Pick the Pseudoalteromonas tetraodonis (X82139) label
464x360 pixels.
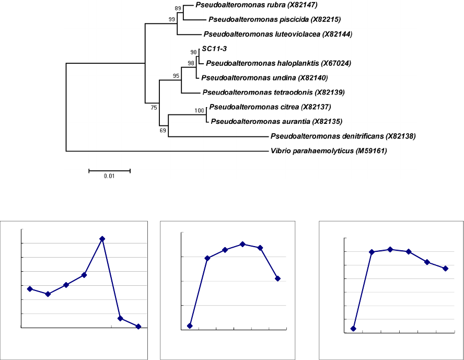click(272, 92)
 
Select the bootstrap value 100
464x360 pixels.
click(199, 110)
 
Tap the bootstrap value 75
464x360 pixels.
click(154, 107)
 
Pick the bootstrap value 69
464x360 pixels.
click(163, 131)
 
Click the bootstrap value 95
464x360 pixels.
click(177, 76)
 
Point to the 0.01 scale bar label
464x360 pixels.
click(109, 176)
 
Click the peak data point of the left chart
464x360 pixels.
click(102, 239)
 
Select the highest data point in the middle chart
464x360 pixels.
click(242, 244)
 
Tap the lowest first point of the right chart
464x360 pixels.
click(354, 329)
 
